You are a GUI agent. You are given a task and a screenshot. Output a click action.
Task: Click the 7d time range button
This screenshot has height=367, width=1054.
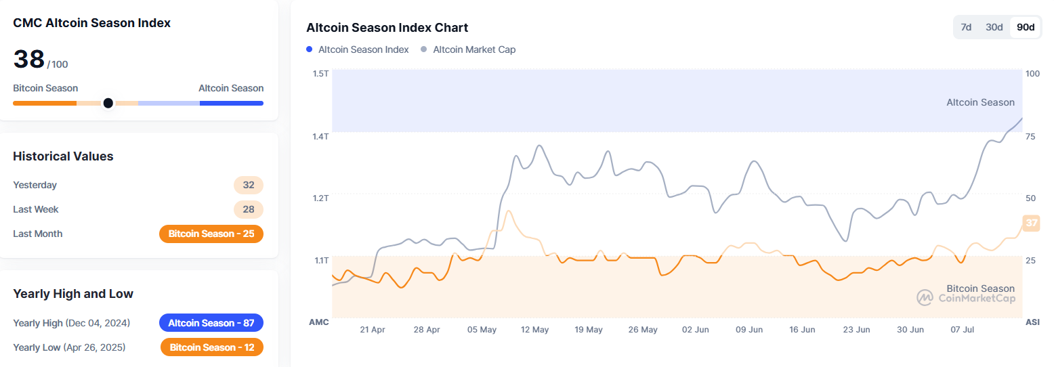click(967, 27)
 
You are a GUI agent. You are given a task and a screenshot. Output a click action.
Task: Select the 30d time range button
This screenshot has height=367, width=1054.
click(994, 27)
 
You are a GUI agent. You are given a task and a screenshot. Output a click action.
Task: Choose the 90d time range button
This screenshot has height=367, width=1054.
click(1026, 27)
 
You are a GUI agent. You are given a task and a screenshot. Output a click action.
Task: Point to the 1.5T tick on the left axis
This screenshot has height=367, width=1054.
click(320, 73)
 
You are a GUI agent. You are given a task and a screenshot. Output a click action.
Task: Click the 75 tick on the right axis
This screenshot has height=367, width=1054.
click(1030, 136)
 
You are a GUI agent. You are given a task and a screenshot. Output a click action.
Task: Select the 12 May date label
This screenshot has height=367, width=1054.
click(534, 330)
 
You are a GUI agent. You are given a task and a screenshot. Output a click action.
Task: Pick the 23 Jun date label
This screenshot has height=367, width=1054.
click(856, 330)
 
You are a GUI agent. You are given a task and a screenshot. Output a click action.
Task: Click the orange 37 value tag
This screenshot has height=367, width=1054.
click(1031, 223)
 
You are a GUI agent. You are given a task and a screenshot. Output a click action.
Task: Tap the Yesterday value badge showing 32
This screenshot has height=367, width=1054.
click(249, 185)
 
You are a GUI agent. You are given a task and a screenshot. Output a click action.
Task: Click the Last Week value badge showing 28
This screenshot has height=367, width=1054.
click(249, 209)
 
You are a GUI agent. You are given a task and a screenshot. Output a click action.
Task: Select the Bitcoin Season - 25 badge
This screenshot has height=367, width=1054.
click(211, 234)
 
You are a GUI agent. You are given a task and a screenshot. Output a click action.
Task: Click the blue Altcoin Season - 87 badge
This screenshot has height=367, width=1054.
click(211, 323)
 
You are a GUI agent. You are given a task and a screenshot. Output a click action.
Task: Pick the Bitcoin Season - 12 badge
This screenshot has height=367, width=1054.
click(212, 347)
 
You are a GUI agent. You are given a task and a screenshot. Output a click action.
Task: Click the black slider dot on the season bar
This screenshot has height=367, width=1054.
click(108, 103)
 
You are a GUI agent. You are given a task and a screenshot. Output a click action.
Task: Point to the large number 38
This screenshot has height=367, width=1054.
click(29, 60)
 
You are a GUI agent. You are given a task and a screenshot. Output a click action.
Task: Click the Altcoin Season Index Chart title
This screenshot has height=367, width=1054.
click(387, 28)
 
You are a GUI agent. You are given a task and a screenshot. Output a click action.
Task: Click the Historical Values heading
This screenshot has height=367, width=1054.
click(63, 156)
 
